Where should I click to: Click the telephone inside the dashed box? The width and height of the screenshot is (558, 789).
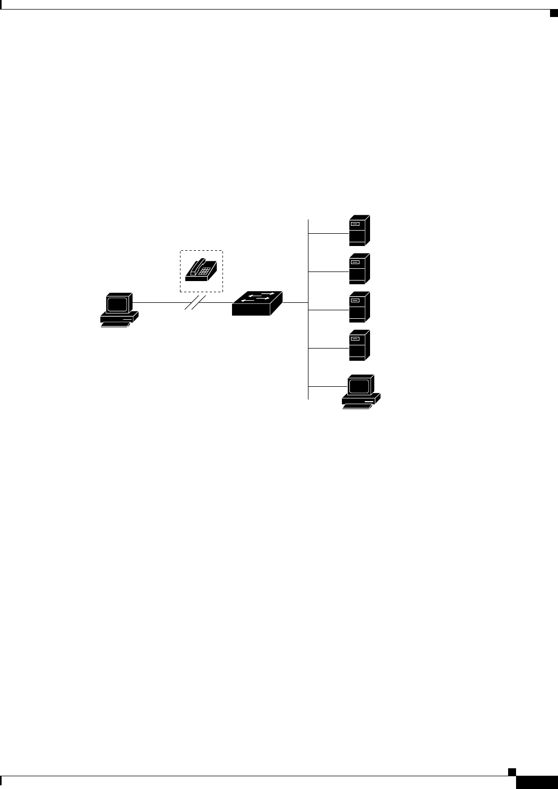tap(201, 270)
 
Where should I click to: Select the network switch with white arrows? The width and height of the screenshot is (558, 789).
tap(257, 303)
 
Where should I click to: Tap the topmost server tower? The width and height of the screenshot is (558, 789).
tap(359, 231)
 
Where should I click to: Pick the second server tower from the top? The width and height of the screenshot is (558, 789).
tap(359, 269)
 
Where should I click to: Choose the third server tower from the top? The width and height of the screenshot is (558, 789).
tap(359, 307)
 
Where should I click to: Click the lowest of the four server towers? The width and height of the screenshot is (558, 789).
tap(359, 345)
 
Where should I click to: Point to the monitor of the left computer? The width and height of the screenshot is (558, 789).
tap(118, 304)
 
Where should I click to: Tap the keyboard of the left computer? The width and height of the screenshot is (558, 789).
tap(115, 324)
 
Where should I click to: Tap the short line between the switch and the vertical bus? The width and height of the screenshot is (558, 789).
tap(295, 303)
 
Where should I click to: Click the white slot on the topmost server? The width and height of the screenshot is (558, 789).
tap(355, 224)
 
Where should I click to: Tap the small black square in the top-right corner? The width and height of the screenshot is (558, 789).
tap(552, 13)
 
